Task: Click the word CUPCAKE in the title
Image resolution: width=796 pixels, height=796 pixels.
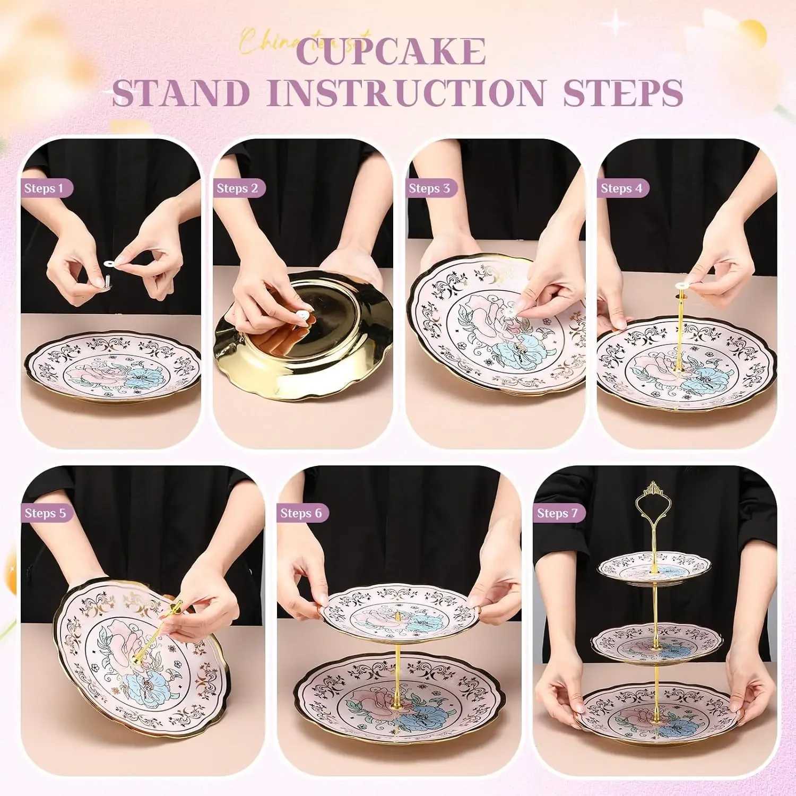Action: (392, 51)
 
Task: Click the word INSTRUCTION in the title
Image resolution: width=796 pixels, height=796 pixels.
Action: (407, 93)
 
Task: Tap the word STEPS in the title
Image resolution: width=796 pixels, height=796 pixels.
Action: (623, 93)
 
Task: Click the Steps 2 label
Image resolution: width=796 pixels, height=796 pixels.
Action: (237, 188)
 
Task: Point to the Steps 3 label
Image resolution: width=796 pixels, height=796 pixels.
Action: (429, 188)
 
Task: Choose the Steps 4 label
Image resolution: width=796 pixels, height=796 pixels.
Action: (621, 188)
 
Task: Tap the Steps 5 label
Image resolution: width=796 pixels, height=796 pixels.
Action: (46, 513)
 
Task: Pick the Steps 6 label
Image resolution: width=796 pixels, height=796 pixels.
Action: (301, 513)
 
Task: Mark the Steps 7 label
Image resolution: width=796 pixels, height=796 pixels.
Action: (557, 513)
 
